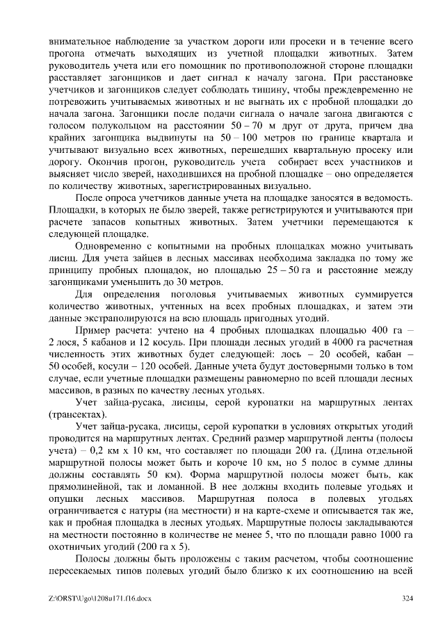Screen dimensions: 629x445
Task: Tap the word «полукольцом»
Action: [112, 125]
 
